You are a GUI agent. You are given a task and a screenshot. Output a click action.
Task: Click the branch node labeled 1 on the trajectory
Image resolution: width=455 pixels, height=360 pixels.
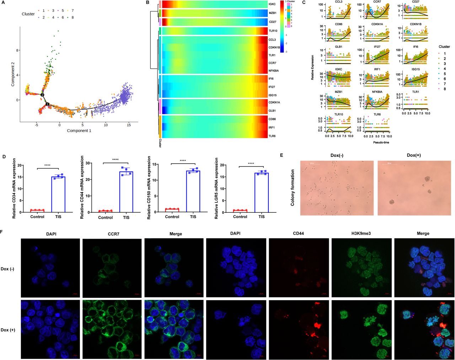tap(47, 104)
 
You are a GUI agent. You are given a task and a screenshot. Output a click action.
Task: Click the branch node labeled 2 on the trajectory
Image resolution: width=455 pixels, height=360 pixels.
tap(42, 95)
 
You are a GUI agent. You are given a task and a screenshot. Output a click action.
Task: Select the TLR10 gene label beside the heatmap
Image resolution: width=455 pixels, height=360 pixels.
tap(273, 31)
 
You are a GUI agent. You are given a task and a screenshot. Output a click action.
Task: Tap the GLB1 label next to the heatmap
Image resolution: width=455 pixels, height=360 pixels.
tap(273, 111)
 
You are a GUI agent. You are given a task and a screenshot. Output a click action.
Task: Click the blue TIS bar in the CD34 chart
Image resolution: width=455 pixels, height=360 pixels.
tap(58, 194)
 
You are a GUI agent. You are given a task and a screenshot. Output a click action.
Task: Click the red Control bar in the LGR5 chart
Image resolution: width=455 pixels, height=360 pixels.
tap(240, 211)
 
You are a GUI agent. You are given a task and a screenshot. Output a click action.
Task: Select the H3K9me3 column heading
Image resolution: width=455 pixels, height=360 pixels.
tap(361, 233)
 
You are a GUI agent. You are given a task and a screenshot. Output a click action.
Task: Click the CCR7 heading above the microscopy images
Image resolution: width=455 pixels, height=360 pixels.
tap(112, 233)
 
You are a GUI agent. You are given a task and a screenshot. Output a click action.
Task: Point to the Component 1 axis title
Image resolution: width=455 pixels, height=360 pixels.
tap(79, 131)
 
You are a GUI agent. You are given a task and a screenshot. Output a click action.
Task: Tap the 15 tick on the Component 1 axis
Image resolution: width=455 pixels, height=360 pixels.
tap(129, 125)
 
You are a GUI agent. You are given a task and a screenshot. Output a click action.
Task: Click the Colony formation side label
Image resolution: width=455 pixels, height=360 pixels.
tap(293, 187)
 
